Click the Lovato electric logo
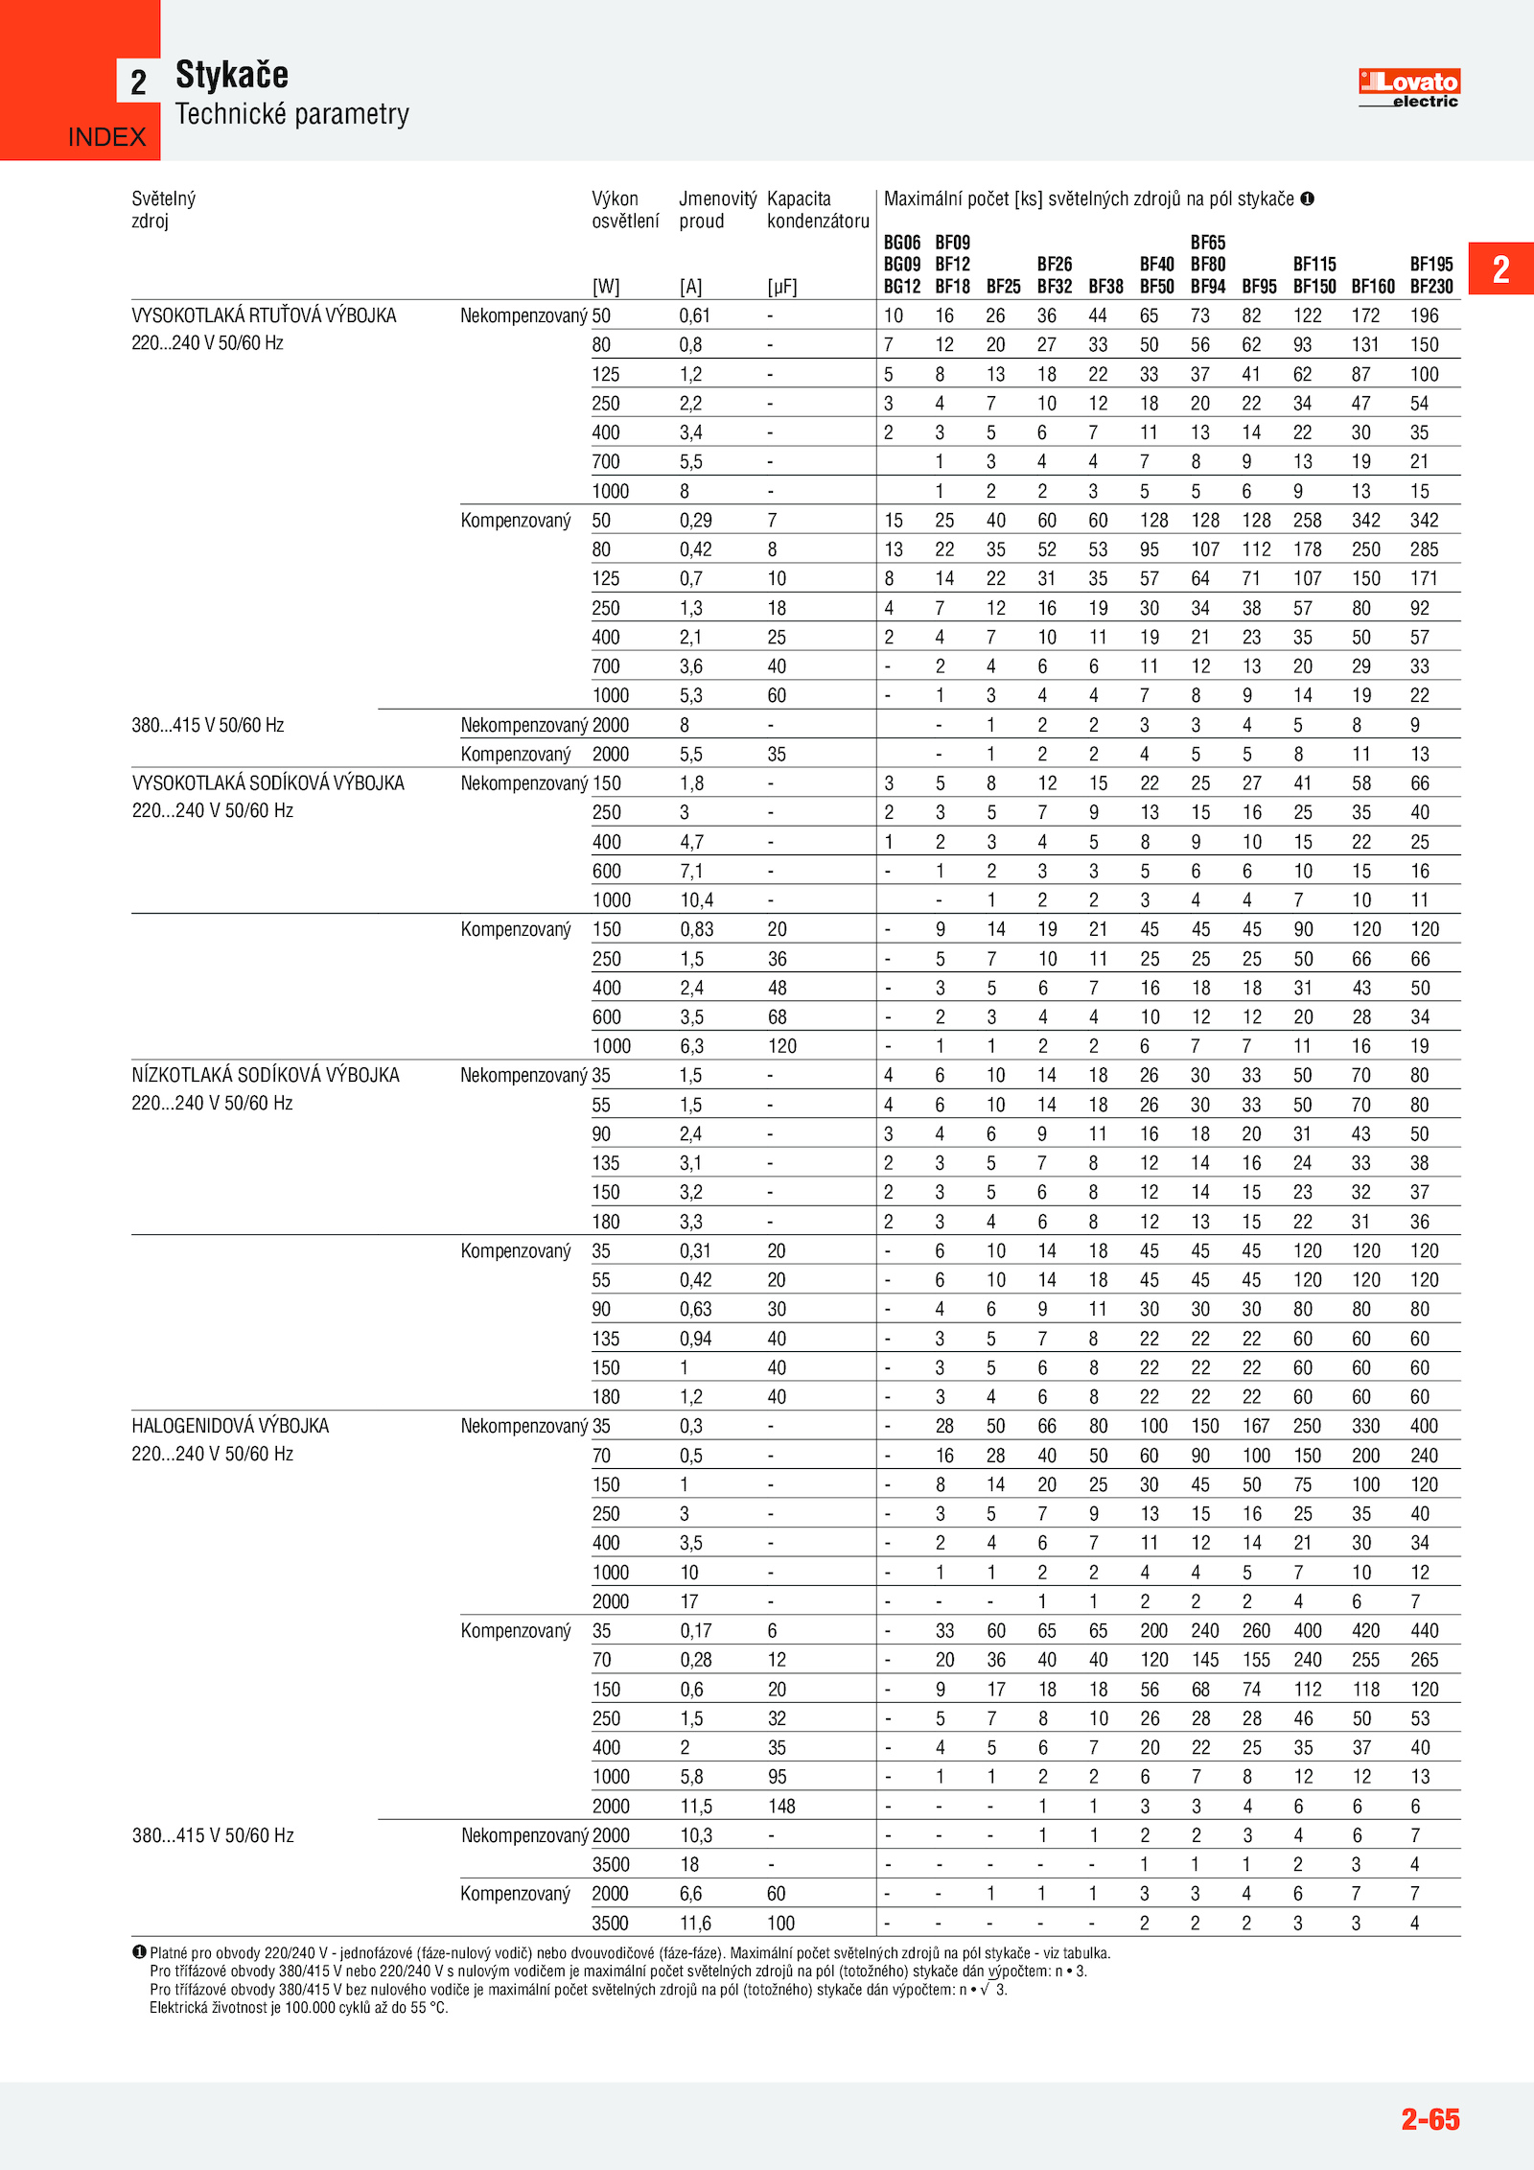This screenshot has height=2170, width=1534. pyautogui.click(x=1408, y=87)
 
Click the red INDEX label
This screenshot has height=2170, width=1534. pyautogui.click(x=106, y=137)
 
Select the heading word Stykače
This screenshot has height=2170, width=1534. pyautogui.click(x=232, y=75)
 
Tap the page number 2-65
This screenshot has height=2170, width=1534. pyautogui.click(x=1429, y=2118)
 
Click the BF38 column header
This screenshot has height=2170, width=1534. pyautogui.click(x=1105, y=287)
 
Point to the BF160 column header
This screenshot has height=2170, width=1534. pyautogui.click(x=1373, y=287)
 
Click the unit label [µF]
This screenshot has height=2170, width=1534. pyautogui.click(x=782, y=287)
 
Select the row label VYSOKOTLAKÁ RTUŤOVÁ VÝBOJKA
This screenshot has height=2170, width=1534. pyautogui.click(x=264, y=315)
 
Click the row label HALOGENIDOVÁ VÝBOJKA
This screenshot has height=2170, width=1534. pyautogui.click(x=230, y=1426)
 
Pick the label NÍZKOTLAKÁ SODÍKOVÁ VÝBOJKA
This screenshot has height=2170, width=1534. pyautogui.click(x=266, y=1075)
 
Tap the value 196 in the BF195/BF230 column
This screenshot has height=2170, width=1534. pyautogui.click(x=1424, y=315)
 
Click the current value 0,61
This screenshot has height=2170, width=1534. pyautogui.click(x=695, y=315)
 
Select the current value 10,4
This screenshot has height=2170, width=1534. pyautogui.click(x=697, y=899)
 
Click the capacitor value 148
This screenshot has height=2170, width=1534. pyautogui.click(x=781, y=1806)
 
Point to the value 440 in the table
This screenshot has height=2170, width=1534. pyautogui.click(x=1424, y=1630)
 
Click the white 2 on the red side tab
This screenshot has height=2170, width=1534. pyautogui.click(x=1500, y=269)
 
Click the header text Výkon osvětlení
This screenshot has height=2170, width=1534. pyautogui.click(x=625, y=209)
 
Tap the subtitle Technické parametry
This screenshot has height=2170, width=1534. pyautogui.click(x=292, y=114)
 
